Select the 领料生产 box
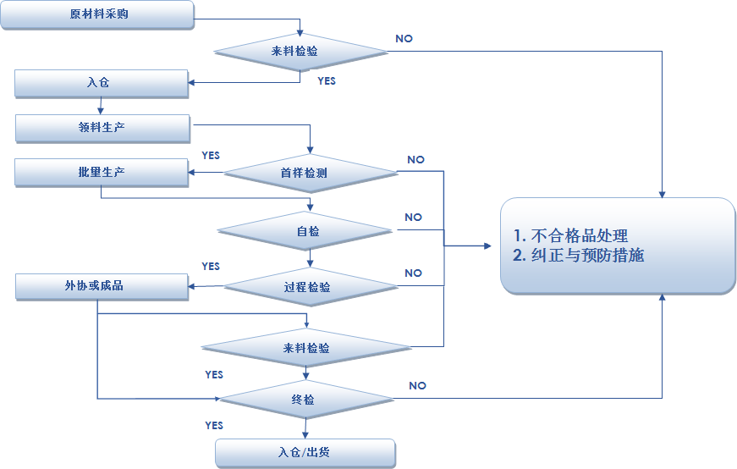pos(102,128)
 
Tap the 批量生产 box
pos(102,173)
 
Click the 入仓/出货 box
pos(305,453)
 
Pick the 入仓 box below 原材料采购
pos(100,84)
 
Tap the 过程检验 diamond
pos(307,287)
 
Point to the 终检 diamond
pos(307,400)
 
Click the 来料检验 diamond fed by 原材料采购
pos(300,52)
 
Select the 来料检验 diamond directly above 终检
pos(306,348)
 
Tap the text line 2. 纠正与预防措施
pos(579,256)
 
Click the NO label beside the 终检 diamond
pos(417,386)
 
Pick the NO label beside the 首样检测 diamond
pos(415,160)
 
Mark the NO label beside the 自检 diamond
pos(413,218)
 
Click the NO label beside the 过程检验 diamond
pos(413,273)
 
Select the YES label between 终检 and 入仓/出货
pos(214,425)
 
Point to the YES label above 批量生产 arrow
pos(211,156)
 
